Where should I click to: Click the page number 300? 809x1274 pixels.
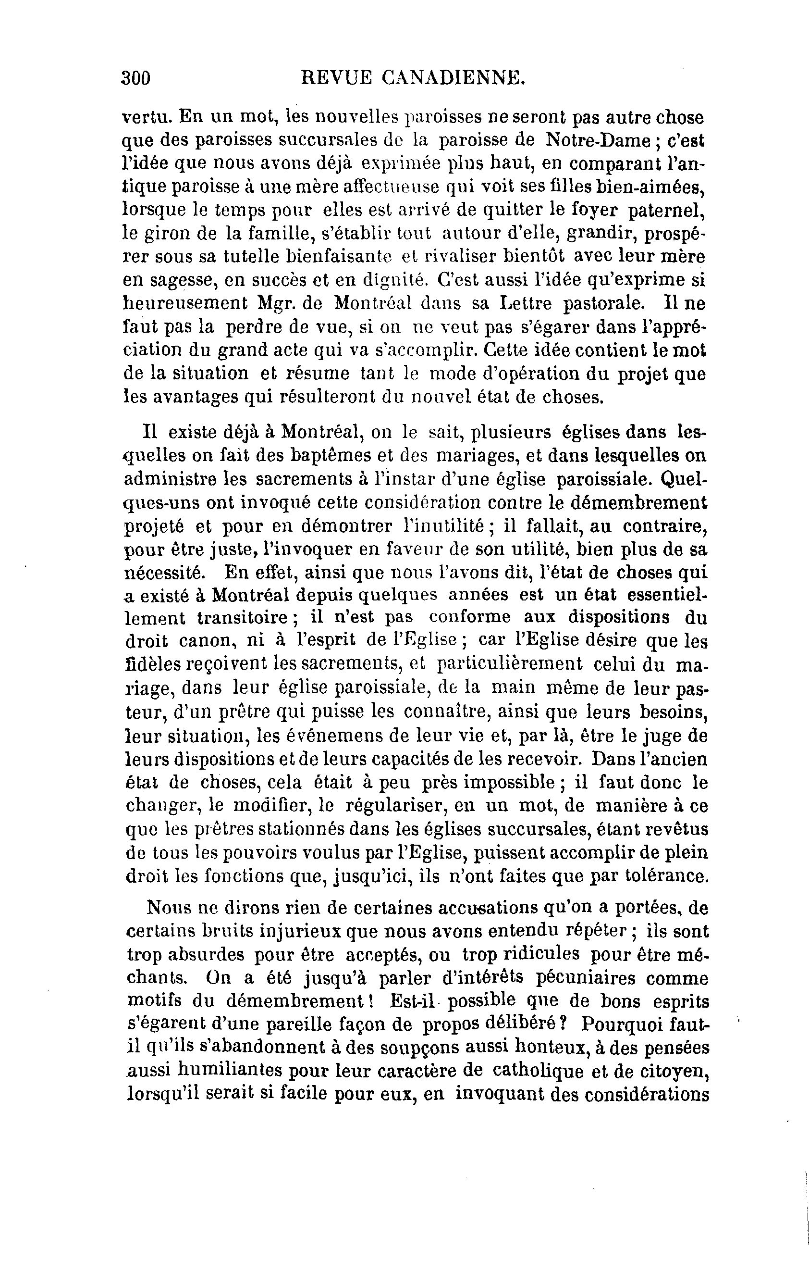tap(136, 78)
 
